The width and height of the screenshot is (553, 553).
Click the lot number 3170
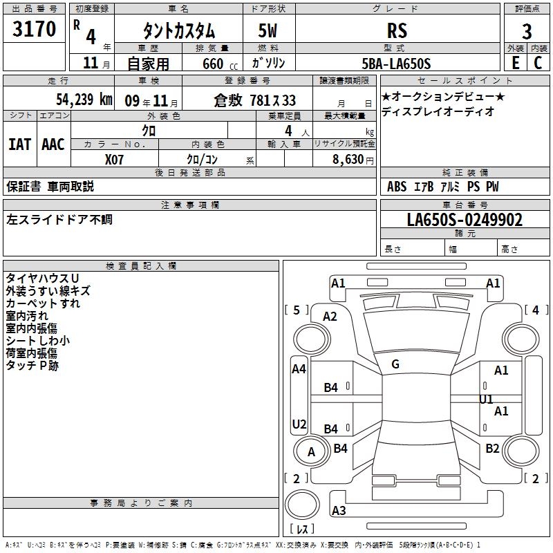click(34, 29)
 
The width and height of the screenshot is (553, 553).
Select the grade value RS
click(397, 30)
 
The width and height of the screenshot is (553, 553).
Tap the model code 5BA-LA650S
click(396, 64)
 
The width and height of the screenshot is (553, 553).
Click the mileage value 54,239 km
click(84, 100)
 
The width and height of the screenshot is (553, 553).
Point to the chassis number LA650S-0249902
click(465, 220)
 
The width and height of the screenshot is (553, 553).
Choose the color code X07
click(114, 160)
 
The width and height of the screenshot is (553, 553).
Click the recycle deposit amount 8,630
click(348, 160)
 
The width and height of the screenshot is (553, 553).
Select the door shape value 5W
click(268, 30)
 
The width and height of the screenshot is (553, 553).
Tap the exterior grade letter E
click(516, 63)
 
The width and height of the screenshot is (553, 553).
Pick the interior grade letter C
click(538, 63)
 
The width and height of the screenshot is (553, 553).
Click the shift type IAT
click(20, 144)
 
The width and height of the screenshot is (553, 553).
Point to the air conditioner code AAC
click(53, 144)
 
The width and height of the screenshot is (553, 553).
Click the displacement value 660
click(213, 64)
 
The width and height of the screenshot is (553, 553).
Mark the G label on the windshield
click(395, 364)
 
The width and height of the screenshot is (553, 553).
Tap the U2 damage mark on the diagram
click(299, 424)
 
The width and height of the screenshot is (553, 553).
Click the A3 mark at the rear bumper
click(339, 510)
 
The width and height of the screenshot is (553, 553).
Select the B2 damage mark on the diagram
click(492, 448)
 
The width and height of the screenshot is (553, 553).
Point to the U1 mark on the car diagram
click(486, 400)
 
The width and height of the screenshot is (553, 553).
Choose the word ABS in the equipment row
click(397, 187)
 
